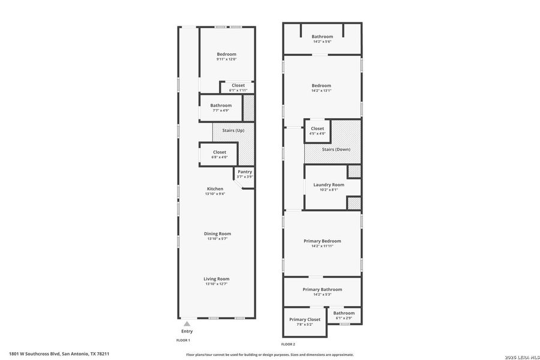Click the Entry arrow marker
click(187, 324)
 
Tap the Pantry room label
click(245, 172)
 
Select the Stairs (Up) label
click(233, 130)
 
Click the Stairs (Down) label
click(336, 149)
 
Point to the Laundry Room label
click(329, 185)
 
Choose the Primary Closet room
click(305, 320)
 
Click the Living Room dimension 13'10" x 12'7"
click(217, 284)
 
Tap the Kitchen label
click(215, 189)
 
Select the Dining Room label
click(217, 234)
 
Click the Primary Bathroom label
click(322, 289)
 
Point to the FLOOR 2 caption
click(288, 344)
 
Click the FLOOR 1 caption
click(183, 340)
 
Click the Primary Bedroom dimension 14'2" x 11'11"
click(322, 246)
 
